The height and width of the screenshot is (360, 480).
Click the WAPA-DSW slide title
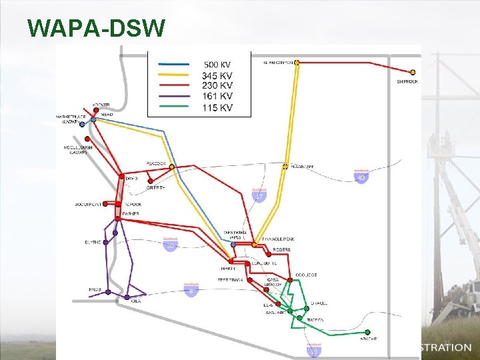coord(96,27)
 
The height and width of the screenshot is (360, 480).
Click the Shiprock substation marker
coord(413,72)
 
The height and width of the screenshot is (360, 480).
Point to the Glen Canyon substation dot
coord(297,63)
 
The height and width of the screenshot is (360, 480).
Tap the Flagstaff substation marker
coord(285,166)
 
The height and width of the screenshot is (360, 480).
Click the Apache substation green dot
coord(368,332)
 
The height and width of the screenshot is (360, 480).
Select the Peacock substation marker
coord(172,166)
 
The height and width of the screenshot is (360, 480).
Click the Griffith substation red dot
coord(150,181)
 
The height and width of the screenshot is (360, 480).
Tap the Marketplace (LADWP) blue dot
coord(83,125)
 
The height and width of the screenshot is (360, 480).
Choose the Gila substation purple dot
coord(127,296)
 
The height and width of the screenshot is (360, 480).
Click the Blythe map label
coord(93,242)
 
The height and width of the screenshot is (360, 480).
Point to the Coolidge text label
coord(307,275)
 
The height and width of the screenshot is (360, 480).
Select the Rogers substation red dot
coord(268,253)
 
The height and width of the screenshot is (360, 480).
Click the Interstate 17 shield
coord(259,195)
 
